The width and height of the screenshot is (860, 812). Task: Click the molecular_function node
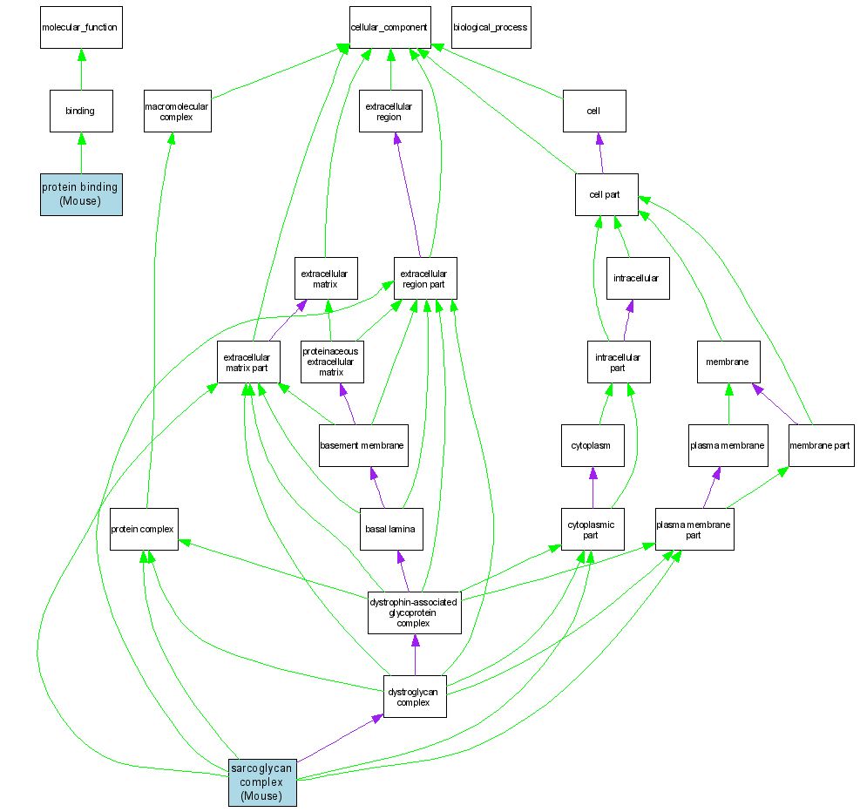(x=80, y=27)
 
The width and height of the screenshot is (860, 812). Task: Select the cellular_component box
(x=389, y=27)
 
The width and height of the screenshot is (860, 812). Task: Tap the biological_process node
(x=490, y=27)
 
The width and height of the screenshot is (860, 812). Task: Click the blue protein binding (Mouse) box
(x=81, y=193)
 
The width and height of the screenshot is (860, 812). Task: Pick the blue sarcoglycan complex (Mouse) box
(x=261, y=782)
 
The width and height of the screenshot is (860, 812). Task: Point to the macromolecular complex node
(x=177, y=112)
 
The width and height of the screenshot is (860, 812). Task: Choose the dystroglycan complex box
(x=415, y=696)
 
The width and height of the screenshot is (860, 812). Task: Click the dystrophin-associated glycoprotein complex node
(x=414, y=612)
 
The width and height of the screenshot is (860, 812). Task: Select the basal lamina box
(x=392, y=529)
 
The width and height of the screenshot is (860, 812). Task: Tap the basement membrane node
(x=362, y=445)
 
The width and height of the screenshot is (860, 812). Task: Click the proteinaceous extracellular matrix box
(x=331, y=362)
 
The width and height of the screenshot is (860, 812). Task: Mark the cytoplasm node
(x=593, y=445)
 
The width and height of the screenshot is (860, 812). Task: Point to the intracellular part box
(x=618, y=362)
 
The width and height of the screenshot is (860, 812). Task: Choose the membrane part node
(x=821, y=445)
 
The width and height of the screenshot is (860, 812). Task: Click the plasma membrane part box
(x=694, y=529)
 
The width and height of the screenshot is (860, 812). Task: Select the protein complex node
(x=144, y=529)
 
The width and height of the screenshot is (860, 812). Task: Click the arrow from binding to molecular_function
(x=81, y=70)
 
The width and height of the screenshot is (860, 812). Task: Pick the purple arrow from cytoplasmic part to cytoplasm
(x=593, y=488)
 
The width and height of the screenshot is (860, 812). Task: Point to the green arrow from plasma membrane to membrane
(x=728, y=404)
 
